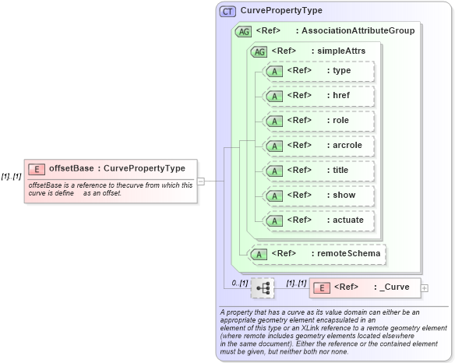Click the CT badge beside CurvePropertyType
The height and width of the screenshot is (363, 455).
(227, 11)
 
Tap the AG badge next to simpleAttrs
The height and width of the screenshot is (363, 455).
(257, 51)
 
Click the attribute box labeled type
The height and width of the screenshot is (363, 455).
(319, 72)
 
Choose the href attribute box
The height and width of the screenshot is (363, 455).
(319, 97)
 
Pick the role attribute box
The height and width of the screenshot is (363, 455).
(319, 121)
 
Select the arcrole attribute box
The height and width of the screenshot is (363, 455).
(319, 146)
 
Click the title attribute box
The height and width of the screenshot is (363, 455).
(319, 171)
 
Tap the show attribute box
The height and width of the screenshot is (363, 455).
(319, 196)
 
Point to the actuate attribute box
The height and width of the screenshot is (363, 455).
(319, 220)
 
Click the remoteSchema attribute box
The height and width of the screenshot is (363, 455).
(319, 253)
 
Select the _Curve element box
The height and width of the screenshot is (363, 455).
(365, 287)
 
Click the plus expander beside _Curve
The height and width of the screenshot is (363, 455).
(425, 288)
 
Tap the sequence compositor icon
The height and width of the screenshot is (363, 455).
(263, 288)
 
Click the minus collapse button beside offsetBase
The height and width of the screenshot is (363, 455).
(201, 181)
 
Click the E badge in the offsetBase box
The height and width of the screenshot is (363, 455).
(36, 169)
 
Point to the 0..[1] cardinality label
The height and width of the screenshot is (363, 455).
(237, 282)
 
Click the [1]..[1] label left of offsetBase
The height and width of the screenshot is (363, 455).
(11, 176)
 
